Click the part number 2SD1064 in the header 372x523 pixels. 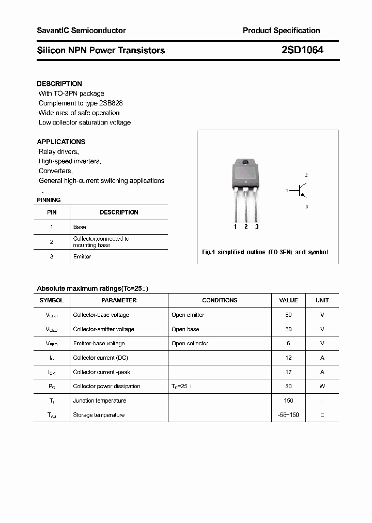302,50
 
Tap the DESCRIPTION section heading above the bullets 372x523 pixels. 59,84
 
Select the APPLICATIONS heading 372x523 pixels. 61,142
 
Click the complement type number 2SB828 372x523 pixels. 111,103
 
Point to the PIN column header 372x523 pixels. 52,212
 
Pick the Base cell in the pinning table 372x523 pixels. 80,227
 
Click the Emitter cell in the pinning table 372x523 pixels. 82,257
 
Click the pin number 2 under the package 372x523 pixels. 246,227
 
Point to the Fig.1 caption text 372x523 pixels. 265,252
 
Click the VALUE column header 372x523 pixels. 288,300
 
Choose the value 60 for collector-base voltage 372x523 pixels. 288,315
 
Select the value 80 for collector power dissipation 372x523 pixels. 288,386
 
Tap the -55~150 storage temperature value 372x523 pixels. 288,415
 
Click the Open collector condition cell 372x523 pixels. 190,343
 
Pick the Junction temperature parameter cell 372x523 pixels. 99,401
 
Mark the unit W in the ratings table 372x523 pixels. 322,386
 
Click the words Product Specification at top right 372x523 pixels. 281,30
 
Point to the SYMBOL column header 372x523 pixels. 51,300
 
